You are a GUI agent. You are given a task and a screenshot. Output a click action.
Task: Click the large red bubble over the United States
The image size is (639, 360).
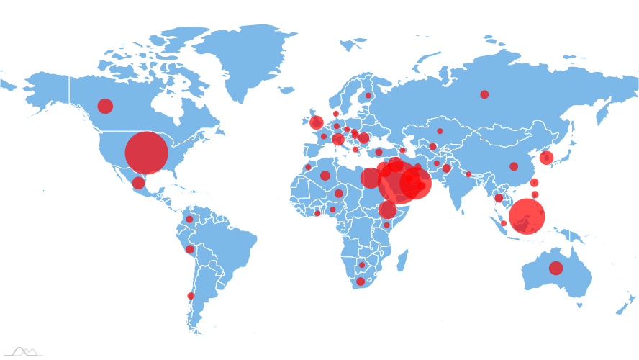146,153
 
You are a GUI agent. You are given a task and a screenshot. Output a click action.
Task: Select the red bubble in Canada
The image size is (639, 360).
105,107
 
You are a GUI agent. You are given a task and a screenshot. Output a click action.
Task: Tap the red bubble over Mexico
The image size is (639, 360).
138,183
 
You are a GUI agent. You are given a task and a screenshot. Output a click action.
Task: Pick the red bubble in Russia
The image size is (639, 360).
484,94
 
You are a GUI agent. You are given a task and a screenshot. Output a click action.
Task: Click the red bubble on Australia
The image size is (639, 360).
556,269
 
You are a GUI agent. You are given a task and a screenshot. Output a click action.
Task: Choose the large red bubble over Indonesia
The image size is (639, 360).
527,216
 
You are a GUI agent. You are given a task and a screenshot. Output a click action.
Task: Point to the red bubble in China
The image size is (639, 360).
514,166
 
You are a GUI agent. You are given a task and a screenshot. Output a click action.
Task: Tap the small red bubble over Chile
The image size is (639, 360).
191,296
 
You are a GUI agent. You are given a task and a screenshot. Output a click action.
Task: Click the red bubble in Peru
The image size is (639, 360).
189,250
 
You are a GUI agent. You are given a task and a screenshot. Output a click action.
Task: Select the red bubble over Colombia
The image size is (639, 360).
189,219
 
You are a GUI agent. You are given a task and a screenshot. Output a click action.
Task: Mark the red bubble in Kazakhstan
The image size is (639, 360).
440,131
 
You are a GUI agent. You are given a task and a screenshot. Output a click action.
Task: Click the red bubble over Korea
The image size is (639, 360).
546,158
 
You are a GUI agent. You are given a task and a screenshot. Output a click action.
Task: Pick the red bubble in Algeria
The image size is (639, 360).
325,176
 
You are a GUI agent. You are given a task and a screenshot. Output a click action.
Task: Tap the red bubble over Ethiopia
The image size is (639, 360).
388,210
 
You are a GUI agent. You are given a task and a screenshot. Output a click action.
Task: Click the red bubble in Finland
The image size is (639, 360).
368,95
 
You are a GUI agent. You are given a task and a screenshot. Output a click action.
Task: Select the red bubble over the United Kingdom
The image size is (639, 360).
317,122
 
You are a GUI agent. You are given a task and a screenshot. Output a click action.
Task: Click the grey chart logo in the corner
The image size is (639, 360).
24,351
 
